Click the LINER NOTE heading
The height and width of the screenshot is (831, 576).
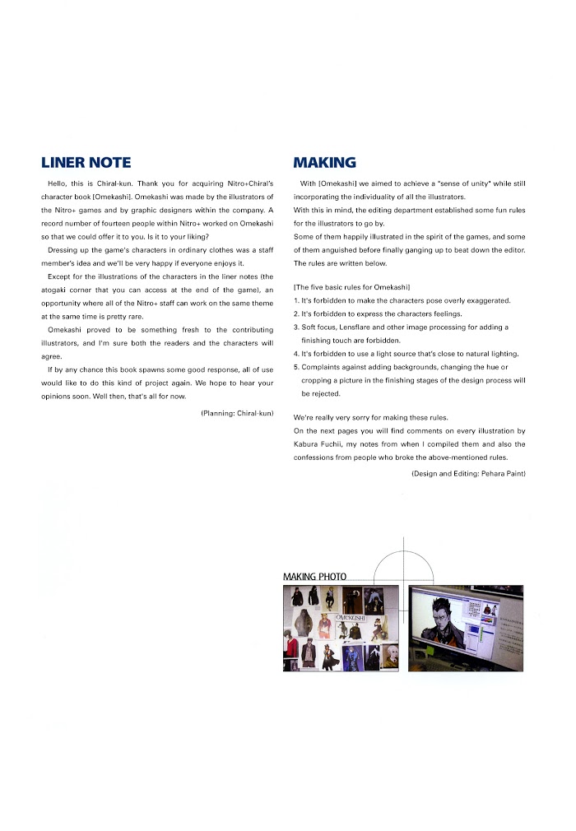(86, 163)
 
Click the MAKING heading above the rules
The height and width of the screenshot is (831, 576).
(325, 163)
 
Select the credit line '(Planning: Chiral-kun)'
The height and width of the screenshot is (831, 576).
(237, 413)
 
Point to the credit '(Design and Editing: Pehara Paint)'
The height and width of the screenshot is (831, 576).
(468, 475)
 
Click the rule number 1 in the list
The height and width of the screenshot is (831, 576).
(296, 300)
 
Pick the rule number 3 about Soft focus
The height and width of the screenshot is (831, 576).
(296, 327)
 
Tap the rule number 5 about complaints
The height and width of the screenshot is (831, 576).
(296, 367)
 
